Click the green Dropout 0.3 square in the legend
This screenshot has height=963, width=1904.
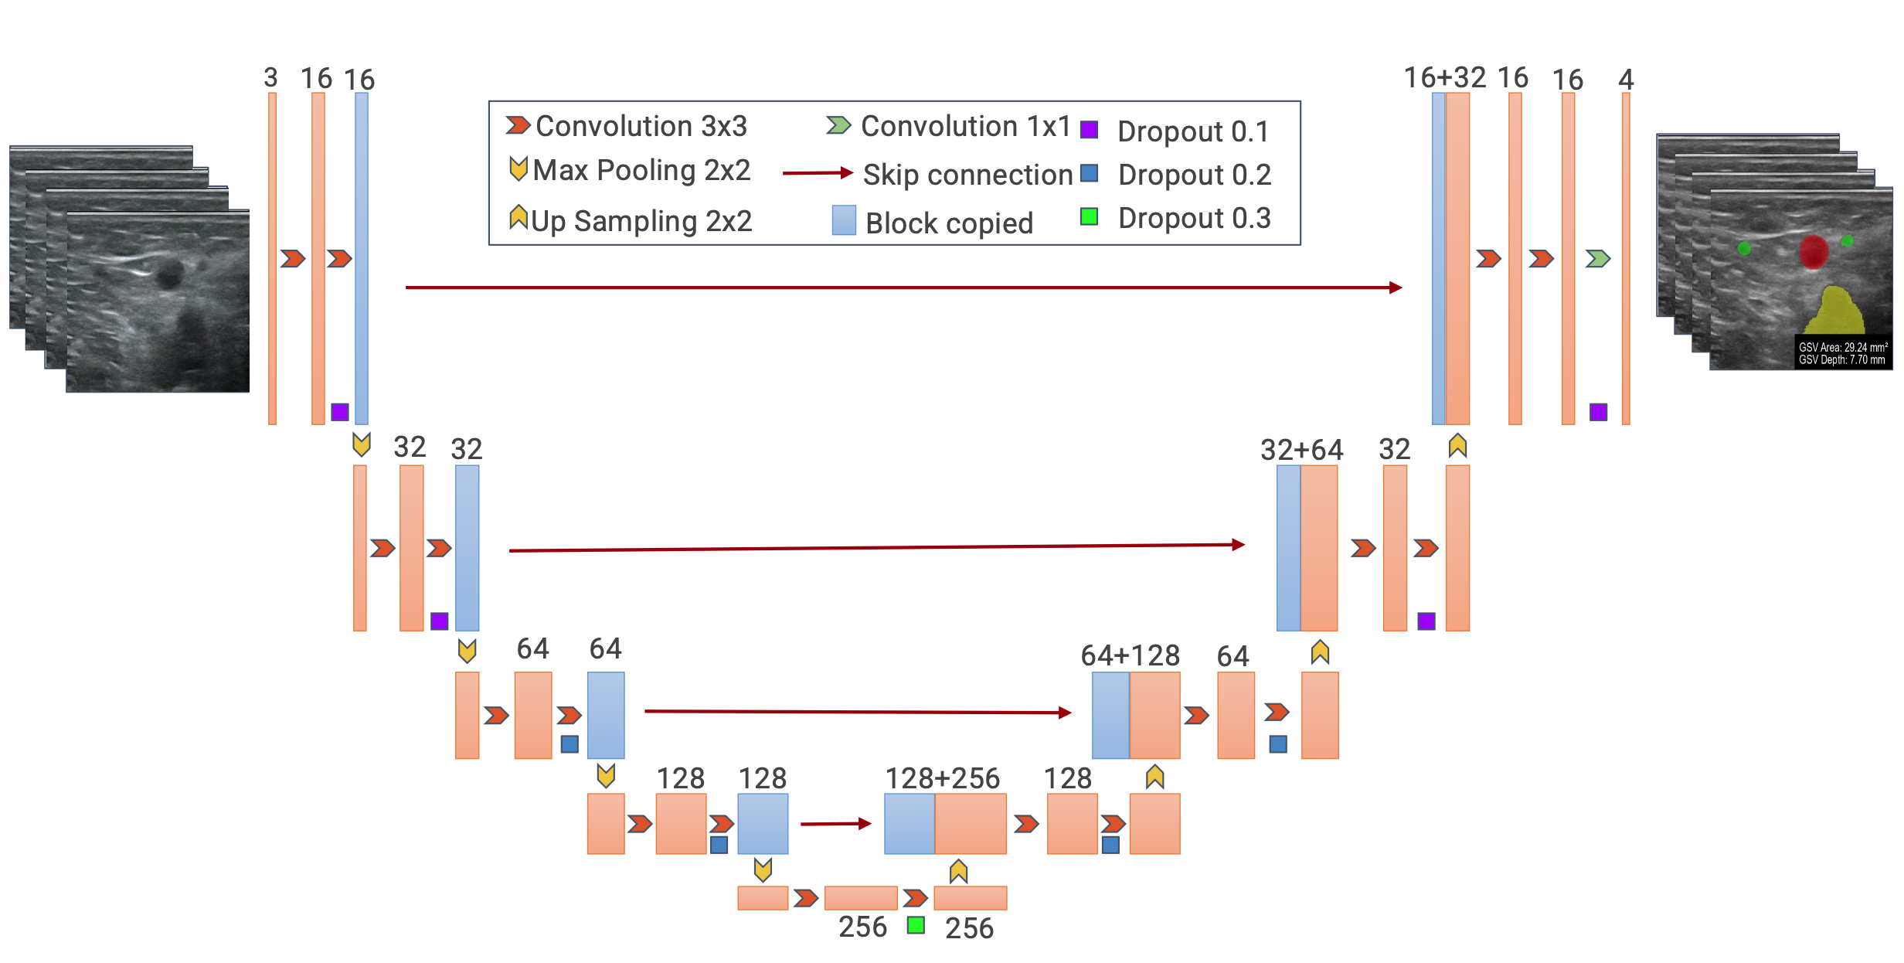click(1089, 216)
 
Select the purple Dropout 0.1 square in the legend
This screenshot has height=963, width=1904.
click(1089, 129)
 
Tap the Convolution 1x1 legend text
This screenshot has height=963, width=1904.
click(966, 126)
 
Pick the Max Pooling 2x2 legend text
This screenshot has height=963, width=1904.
click(641, 171)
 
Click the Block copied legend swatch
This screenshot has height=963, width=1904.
click(844, 220)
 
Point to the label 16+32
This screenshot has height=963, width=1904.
click(1445, 78)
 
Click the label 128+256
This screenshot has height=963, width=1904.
click(942, 778)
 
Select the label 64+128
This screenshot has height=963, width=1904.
click(1130, 655)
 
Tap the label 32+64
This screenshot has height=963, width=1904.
click(1302, 450)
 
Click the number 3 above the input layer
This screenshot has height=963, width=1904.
click(270, 77)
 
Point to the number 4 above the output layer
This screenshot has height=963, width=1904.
click(1626, 79)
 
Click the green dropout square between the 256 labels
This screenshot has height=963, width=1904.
click(916, 925)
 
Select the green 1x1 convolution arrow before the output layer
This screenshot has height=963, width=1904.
click(1598, 258)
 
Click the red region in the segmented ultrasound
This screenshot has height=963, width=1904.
click(1814, 252)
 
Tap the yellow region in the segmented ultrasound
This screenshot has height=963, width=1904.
click(1834, 311)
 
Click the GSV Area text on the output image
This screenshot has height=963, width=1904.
click(1843, 348)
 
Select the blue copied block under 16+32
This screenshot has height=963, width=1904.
click(1438, 259)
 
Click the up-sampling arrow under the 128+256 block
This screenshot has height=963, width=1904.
click(958, 871)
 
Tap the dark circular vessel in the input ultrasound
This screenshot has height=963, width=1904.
click(168, 274)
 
